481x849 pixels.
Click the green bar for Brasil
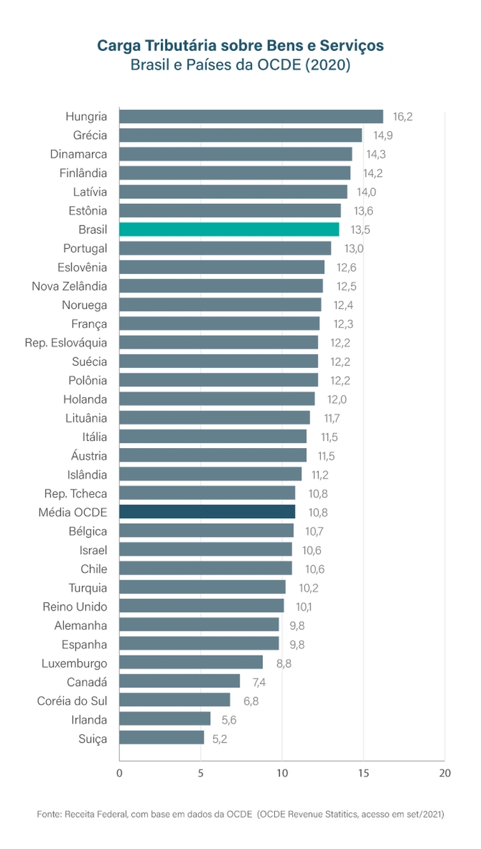[x=229, y=229]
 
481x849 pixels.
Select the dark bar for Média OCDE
[x=207, y=512]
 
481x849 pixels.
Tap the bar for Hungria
[x=251, y=117]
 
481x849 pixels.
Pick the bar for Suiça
[x=161, y=738]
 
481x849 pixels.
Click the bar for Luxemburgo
[x=191, y=663]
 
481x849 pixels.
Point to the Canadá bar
[x=179, y=681]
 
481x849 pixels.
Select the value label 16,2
[x=403, y=117]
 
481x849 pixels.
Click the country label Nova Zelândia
[x=70, y=286]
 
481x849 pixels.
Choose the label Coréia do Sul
[x=72, y=700]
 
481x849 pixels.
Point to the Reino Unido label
[x=75, y=606]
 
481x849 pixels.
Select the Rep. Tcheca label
[x=76, y=493]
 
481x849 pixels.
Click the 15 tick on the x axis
[x=363, y=773]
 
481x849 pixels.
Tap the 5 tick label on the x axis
[x=200, y=773]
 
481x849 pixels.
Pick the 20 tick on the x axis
[x=445, y=773]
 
